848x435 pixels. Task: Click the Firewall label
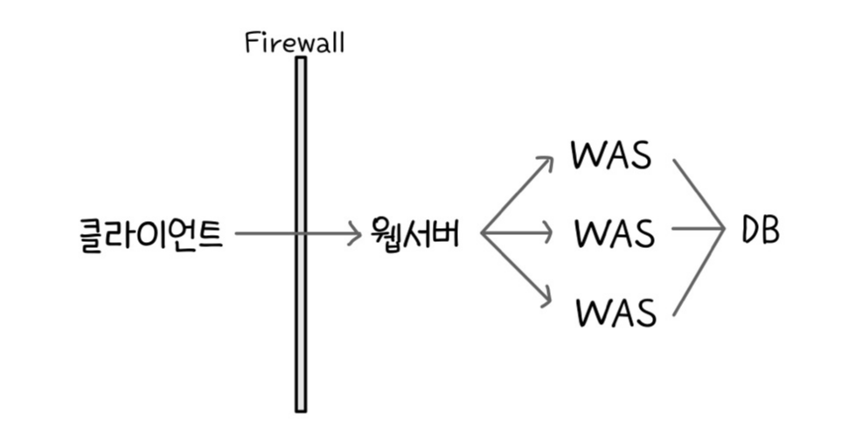(x=295, y=43)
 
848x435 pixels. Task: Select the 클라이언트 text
(x=149, y=234)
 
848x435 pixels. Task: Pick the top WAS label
(x=611, y=155)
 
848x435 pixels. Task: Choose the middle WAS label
(x=615, y=233)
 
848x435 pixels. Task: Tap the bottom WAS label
(x=615, y=311)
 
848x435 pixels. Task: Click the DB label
(x=760, y=231)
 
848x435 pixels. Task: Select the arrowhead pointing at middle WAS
(x=548, y=234)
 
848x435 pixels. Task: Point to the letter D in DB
(x=749, y=231)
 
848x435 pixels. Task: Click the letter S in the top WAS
(x=641, y=155)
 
